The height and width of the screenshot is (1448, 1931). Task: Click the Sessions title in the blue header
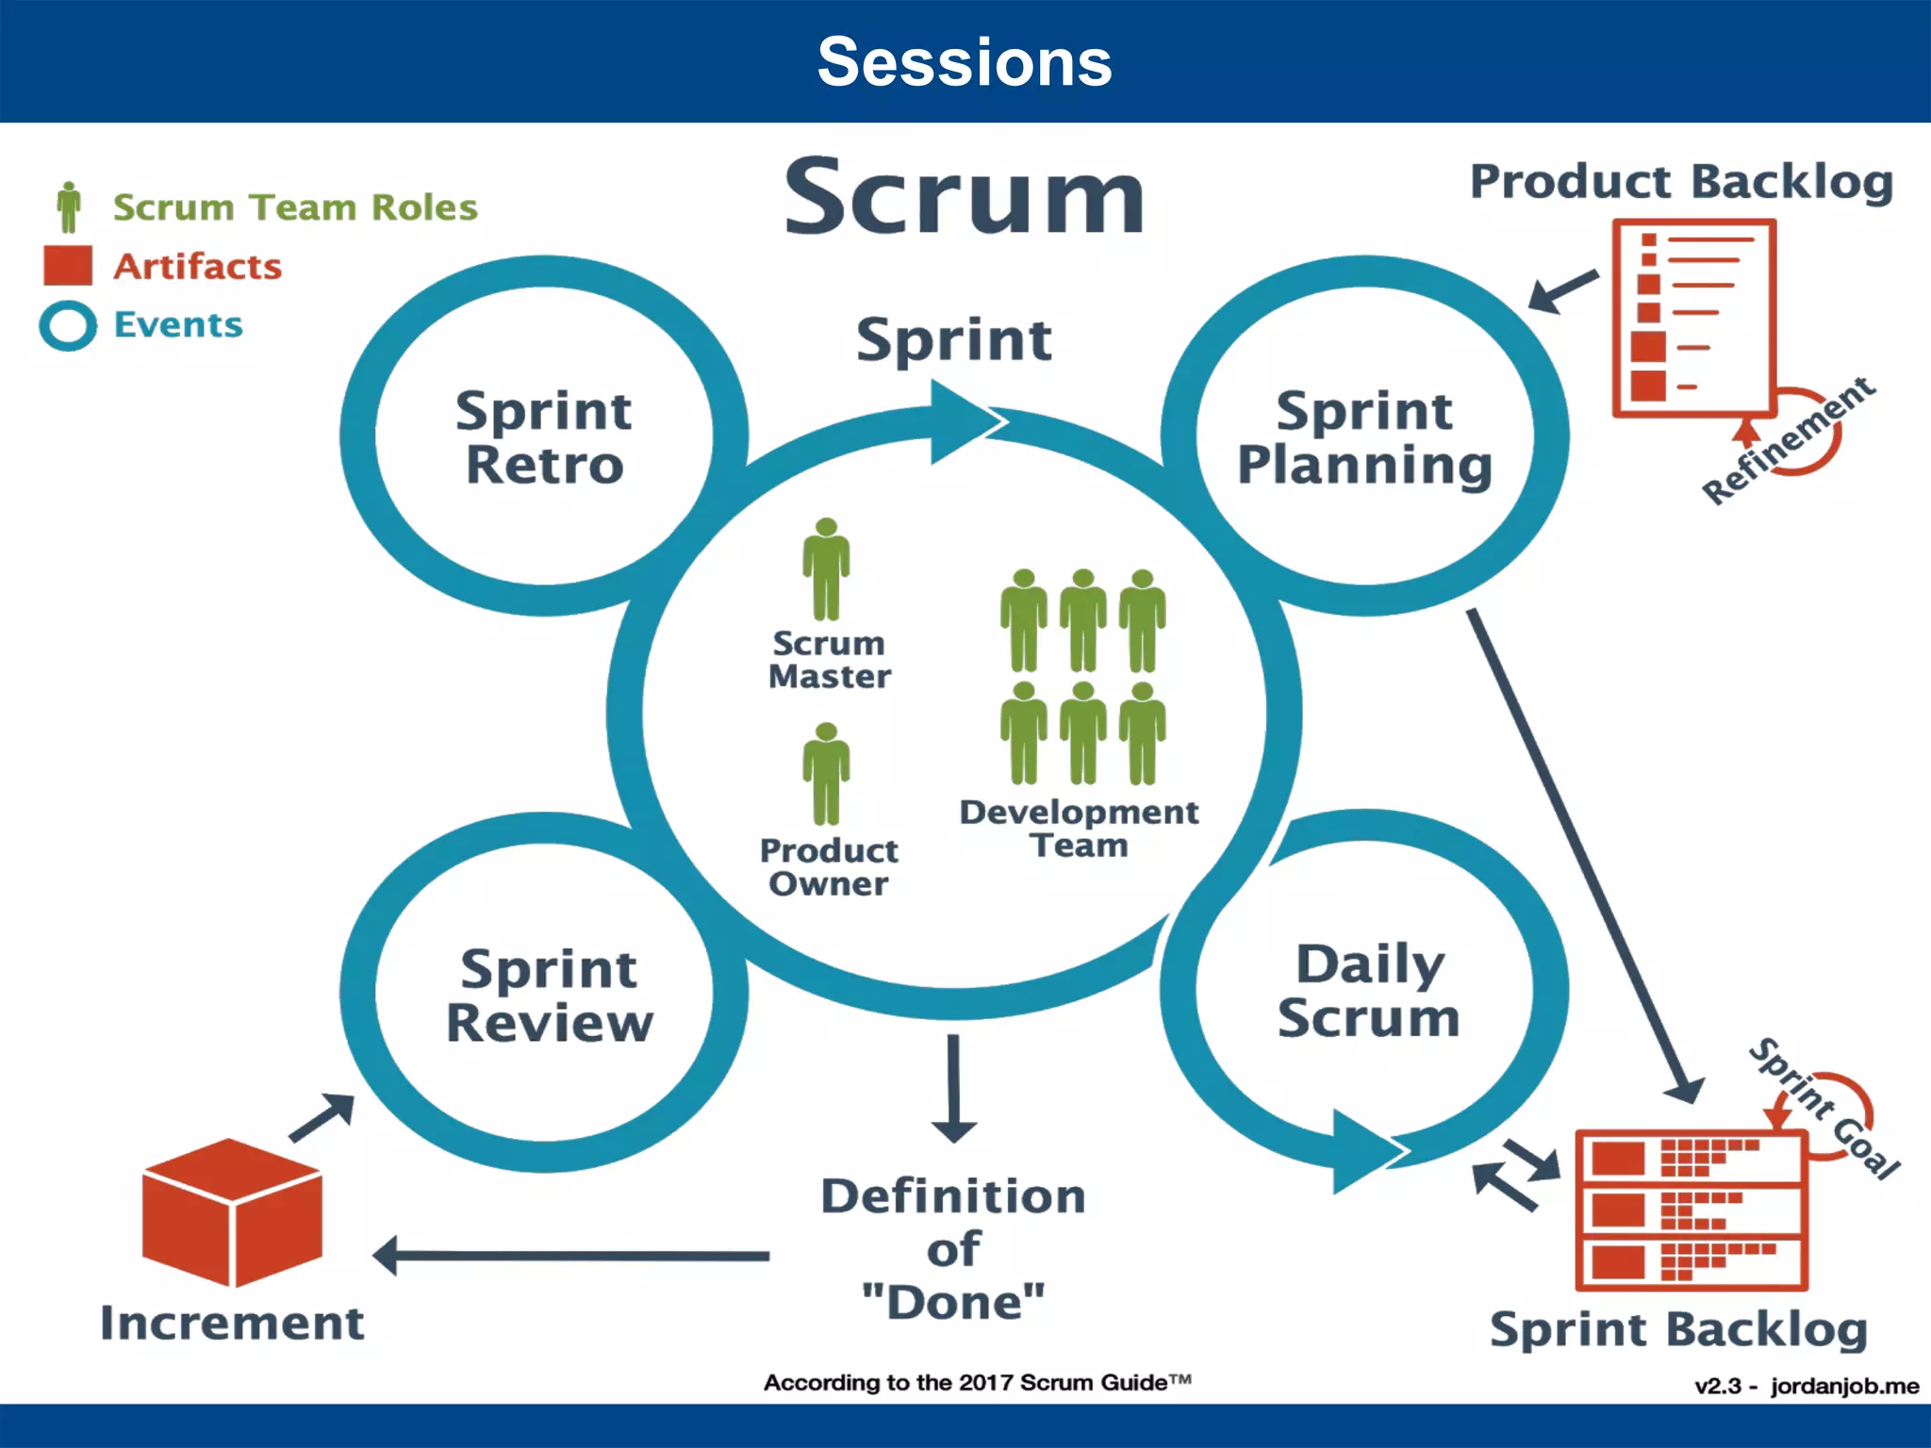pos(965,62)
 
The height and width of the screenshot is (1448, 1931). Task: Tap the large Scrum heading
pos(965,197)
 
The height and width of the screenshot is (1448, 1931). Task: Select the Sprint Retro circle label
pos(544,437)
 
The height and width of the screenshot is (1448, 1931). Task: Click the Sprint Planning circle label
pos(1364,437)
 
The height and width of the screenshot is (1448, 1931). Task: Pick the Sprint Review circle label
pos(549,995)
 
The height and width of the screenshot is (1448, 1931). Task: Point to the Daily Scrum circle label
pos(1369,991)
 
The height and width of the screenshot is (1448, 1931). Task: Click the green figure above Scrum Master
pos(826,568)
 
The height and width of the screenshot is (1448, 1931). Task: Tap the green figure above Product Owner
pos(826,774)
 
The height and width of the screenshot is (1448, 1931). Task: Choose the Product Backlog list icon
pos(1693,318)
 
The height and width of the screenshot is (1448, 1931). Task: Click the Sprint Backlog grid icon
pos(1691,1211)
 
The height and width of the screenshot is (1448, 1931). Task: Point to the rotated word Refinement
pos(1789,440)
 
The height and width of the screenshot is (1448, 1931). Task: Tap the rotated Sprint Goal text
pos(1824,1109)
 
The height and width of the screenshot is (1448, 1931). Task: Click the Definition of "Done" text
pos(953,1249)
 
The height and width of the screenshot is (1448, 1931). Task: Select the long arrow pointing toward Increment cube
pos(571,1256)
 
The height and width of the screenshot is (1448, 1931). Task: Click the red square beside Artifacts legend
pos(68,266)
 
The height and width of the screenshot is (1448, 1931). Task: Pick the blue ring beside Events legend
pos(68,326)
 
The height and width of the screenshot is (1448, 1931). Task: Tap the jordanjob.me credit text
pos(1843,1386)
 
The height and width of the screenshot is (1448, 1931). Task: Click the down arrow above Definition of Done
pos(953,1089)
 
